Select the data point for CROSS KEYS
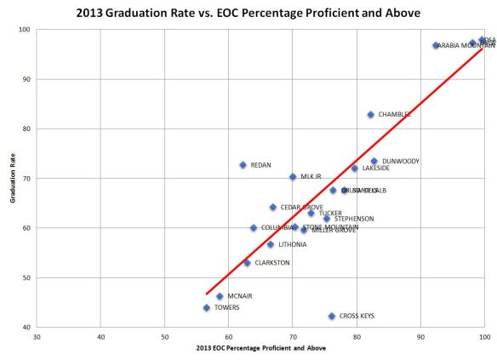(x=332, y=316)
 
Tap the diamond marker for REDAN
(x=243, y=164)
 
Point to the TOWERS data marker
(x=206, y=307)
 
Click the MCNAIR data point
(x=220, y=296)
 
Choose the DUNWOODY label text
(x=401, y=161)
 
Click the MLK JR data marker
(x=293, y=176)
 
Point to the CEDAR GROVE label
(x=301, y=207)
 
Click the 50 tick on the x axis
(x=165, y=337)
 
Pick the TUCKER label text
(x=330, y=213)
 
